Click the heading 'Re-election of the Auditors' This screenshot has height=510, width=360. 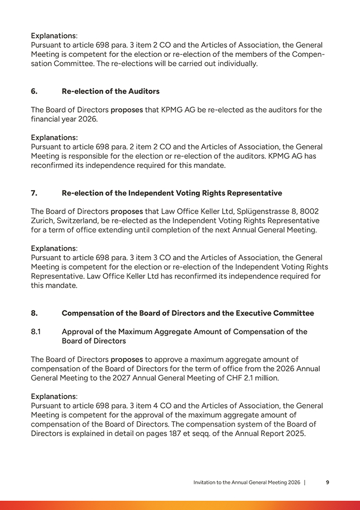pos(111,91)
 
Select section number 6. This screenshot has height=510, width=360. pos(34,91)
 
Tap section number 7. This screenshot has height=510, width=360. pos(34,193)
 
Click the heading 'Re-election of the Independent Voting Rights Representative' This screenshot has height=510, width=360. pos(172,193)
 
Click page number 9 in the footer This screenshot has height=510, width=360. pos(327,482)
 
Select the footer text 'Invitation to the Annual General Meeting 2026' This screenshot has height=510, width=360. pos(247,482)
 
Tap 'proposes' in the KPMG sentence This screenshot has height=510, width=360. pos(127,110)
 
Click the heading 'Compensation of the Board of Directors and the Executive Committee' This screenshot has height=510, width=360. pos(188,313)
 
